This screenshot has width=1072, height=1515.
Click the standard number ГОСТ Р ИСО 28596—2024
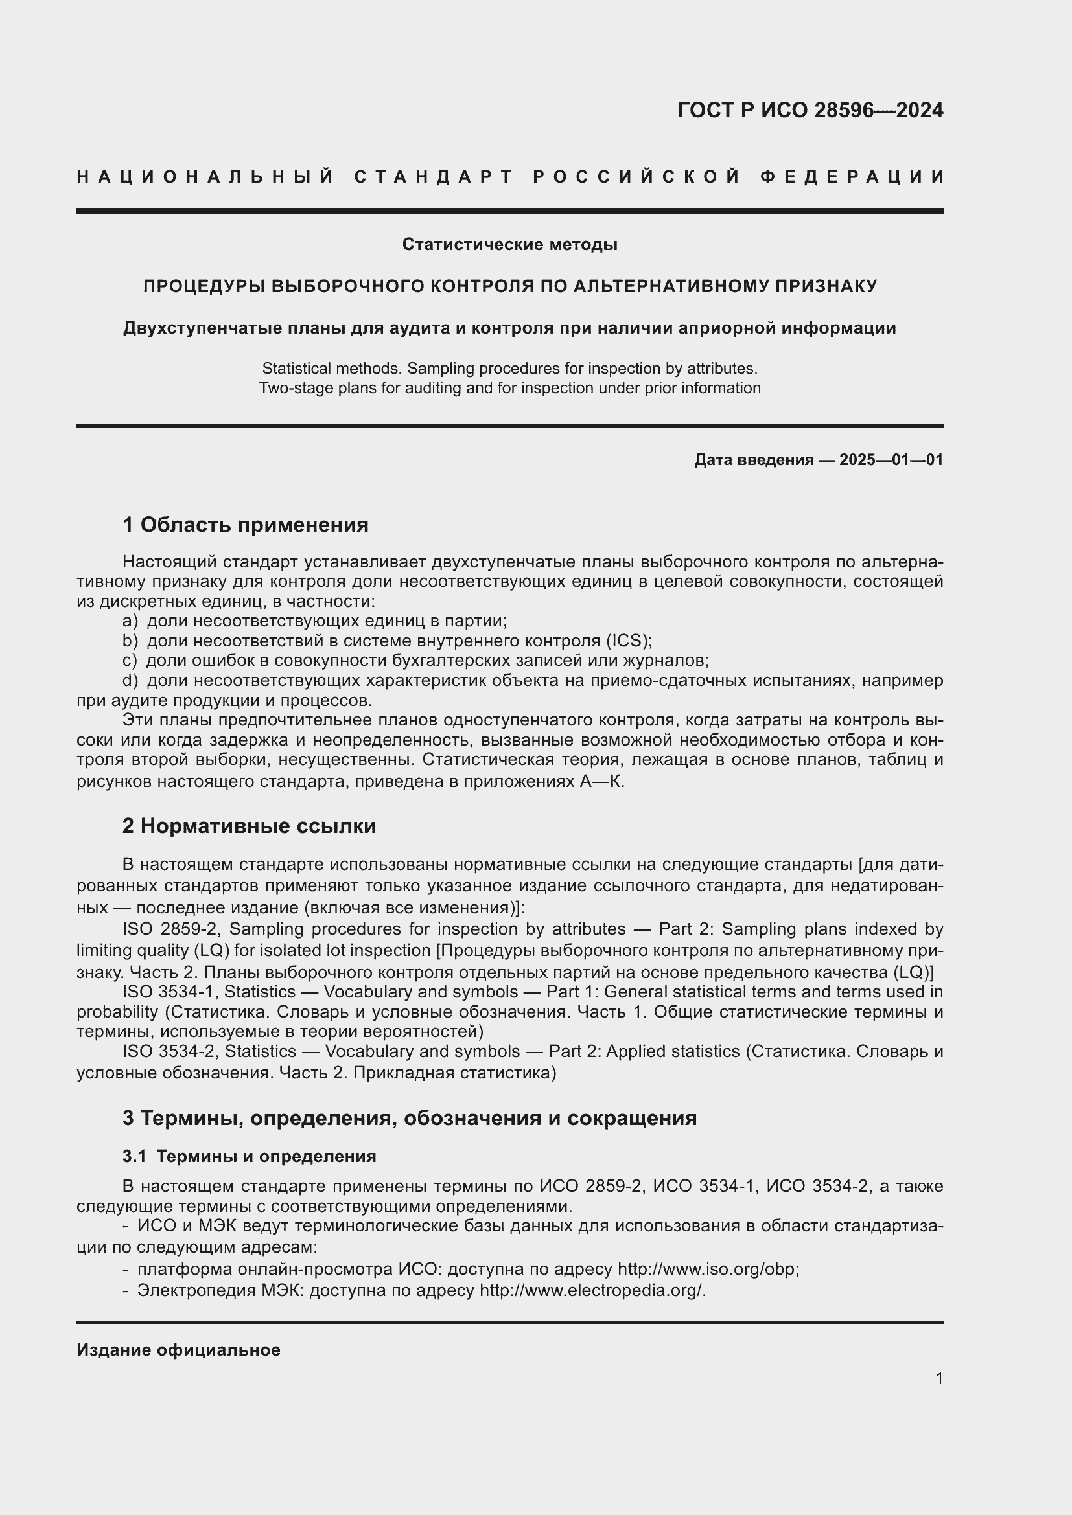[x=810, y=110]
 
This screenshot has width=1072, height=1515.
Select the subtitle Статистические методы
[x=509, y=245]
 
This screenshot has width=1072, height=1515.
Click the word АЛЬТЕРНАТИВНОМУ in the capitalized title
[x=671, y=286]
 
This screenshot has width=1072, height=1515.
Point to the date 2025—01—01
[x=891, y=460]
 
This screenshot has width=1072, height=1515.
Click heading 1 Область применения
[x=245, y=525]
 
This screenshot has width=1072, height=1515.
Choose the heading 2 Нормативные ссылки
[x=249, y=826]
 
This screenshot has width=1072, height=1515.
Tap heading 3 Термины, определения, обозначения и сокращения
[x=409, y=1119]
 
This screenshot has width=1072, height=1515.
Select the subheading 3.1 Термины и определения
[x=249, y=1157]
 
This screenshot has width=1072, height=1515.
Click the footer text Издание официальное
[x=178, y=1350]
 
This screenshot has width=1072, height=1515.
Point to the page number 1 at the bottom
[x=938, y=1378]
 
